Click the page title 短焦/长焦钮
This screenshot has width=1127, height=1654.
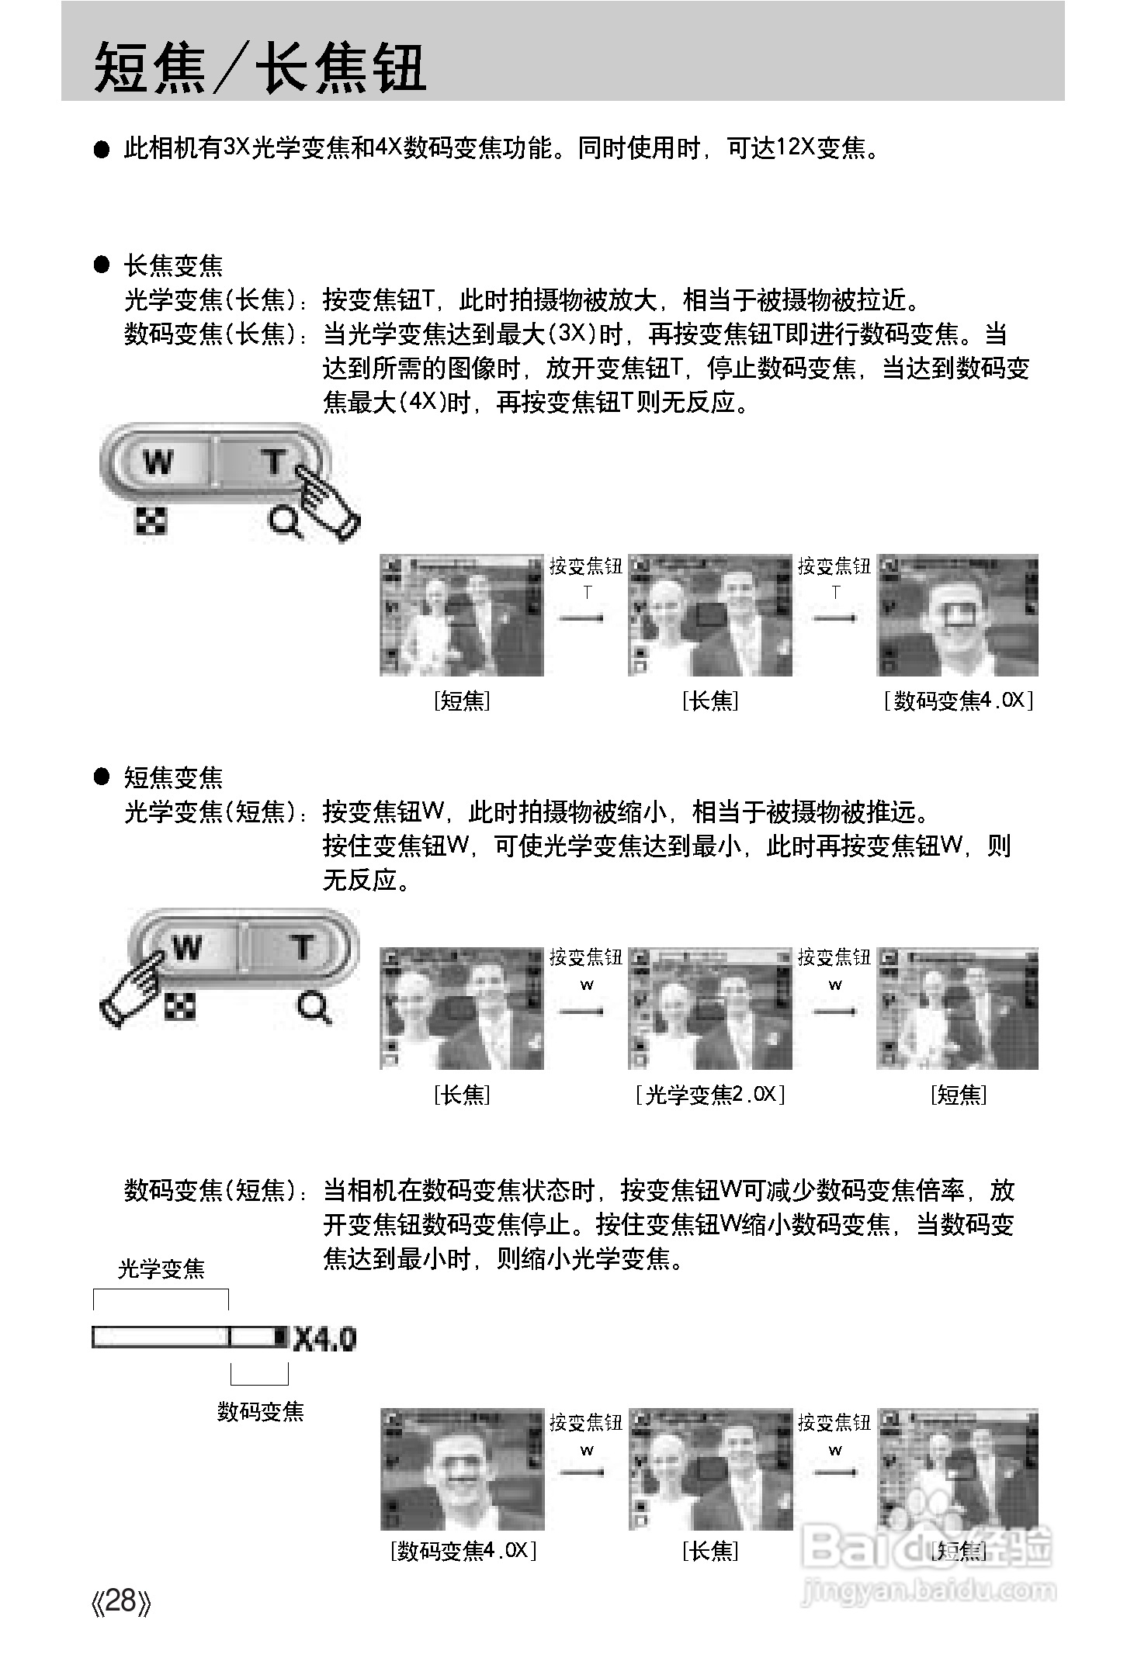260,68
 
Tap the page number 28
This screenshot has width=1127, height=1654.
121,1601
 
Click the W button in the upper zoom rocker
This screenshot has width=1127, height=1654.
159,463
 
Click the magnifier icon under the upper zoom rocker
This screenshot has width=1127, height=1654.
284,522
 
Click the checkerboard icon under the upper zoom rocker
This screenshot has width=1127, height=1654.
151,522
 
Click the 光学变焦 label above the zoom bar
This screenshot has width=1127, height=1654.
161,1269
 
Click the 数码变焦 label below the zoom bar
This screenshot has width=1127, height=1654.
260,1411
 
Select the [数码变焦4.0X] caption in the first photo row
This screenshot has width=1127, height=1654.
959,701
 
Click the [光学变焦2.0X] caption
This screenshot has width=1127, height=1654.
709,1095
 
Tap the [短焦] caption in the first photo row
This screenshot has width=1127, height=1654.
462,701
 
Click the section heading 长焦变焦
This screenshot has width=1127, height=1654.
173,266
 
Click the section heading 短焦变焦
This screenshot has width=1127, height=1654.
173,777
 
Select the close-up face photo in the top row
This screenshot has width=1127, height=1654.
957,614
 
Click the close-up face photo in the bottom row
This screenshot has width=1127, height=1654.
462,1469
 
